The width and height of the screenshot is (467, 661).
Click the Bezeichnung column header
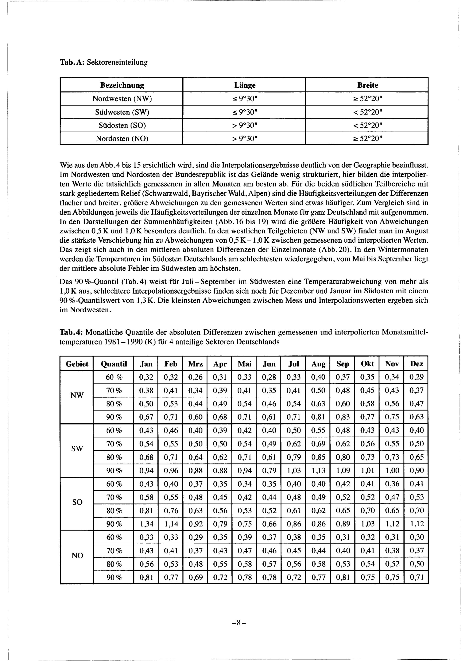(x=122, y=85)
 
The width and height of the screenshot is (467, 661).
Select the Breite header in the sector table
(x=368, y=85)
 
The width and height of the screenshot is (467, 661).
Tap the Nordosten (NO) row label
(x=122, y=139)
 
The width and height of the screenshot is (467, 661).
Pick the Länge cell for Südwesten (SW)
(x=245, y=112)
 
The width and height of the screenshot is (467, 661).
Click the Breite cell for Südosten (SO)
(x=368, y=126)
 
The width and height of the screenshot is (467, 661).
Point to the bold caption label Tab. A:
(x=72, y=62)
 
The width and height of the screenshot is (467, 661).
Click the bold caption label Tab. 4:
(x=71, y=333)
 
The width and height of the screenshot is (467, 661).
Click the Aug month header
(x=318, y=364)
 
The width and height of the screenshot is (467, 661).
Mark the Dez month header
(x=416, y=364)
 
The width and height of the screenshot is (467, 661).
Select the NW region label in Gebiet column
(x=77, y=395)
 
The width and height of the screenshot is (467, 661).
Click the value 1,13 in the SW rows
(x=318, y=471)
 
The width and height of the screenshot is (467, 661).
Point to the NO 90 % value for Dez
(x=416, y=577)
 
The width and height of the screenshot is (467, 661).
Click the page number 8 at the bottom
(x=238, y=623)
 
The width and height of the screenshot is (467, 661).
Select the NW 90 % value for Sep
(x=343, y=417)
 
